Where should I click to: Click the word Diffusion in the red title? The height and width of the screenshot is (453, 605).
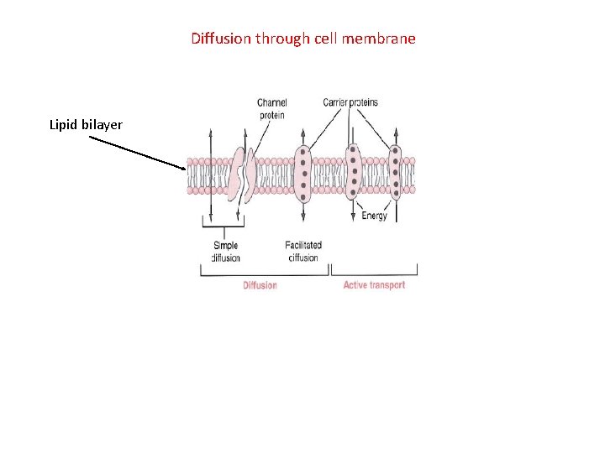point(221,39)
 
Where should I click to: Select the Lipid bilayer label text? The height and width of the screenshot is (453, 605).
point(86,125)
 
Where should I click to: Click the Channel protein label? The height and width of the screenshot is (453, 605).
point(271,109)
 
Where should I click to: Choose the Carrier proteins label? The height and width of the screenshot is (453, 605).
point(350,102)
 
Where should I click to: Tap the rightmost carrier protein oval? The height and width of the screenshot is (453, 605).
point(396,174)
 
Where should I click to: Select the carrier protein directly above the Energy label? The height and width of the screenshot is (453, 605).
point(354,174)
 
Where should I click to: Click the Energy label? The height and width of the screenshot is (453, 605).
point(374,216)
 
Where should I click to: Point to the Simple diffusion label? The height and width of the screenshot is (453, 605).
point(225,252)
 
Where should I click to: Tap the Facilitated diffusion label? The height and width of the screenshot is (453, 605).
point(303,252)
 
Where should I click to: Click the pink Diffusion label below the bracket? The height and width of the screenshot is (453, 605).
point(260,285)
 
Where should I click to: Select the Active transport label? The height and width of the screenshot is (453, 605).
point(374,285)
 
